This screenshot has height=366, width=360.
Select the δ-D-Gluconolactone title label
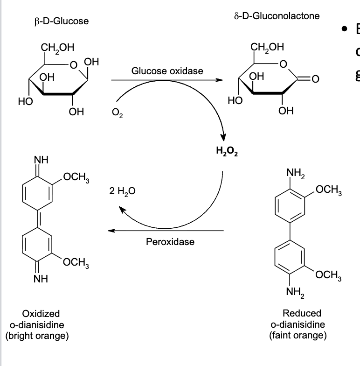[x=277, y=16]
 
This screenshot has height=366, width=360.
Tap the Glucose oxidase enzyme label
[x=167, y=71]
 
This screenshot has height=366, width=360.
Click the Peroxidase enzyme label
[x=170, y=242]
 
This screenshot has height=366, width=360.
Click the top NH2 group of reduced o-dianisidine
[x=294, y=175]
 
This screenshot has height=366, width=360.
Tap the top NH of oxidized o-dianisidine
[x=40, y=160]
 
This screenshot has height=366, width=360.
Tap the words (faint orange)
[x=298, y=335]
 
